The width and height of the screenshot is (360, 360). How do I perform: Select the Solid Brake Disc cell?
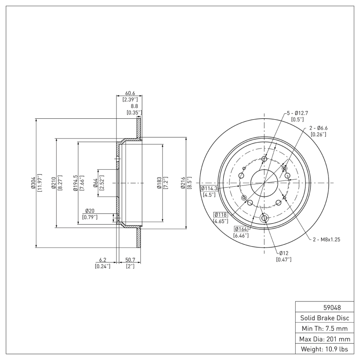(323, 318)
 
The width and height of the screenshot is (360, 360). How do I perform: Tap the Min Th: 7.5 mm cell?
(323, 328)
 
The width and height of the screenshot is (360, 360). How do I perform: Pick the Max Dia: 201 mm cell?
(323, 339)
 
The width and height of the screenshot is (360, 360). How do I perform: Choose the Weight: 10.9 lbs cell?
(323, 349)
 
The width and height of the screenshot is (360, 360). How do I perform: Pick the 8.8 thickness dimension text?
(134, 106)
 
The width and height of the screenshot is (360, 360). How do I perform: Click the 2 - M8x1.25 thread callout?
(326, 239)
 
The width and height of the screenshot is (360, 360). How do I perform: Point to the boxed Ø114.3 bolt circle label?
(209, 188)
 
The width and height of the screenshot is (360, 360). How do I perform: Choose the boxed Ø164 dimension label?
(241, 229)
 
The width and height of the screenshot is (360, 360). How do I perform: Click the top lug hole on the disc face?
(264, 159)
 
